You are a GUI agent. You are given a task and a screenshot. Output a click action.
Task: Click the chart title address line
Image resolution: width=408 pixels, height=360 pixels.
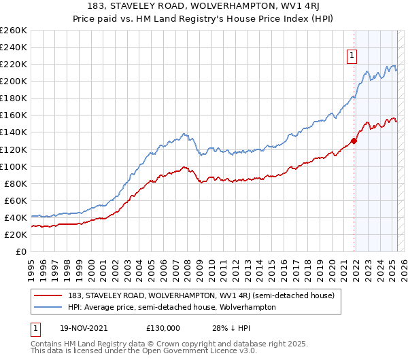point(204,7)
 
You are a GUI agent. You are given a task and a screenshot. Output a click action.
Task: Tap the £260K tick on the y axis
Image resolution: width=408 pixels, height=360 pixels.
point(14,31)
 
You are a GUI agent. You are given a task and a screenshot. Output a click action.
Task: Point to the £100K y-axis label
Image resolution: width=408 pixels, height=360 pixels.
point(14,166)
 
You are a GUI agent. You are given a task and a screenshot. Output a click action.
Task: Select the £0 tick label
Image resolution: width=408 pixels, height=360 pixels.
point(21,251)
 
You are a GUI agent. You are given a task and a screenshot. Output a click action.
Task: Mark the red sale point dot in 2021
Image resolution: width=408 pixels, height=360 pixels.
point(354,141)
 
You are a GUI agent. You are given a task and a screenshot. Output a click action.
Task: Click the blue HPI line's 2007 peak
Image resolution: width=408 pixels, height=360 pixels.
point(184,134)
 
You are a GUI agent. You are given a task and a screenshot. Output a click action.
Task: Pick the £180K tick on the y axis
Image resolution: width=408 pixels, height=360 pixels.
point(14,98)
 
